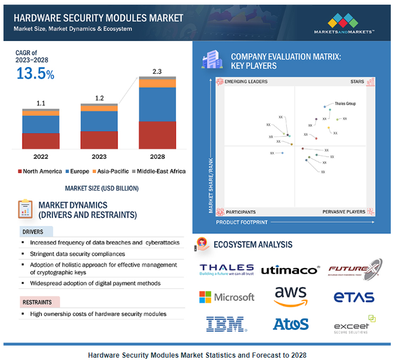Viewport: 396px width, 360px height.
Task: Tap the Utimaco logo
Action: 290,270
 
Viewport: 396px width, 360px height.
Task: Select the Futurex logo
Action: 355,269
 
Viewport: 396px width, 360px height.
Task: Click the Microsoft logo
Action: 226,297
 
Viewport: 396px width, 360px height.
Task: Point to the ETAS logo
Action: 354,298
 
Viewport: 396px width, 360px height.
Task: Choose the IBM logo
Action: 226,324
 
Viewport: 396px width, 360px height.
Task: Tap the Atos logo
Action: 290,324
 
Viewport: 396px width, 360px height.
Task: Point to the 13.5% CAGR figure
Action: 35,73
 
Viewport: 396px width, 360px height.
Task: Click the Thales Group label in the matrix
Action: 345,104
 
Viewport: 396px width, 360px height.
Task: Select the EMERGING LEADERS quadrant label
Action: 246,82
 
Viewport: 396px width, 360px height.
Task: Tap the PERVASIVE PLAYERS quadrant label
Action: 343,212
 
